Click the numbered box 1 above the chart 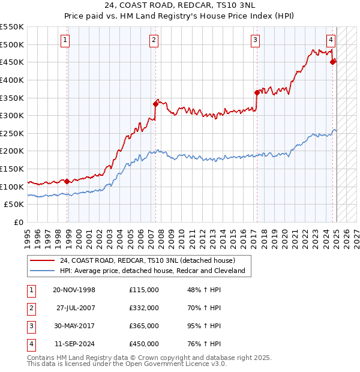[x=65, y=41]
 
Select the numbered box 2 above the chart [x=154, y=41]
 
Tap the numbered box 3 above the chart [x=255, y=41]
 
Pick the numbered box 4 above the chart [x=331, y=41]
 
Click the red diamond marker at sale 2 [x=155, y=104]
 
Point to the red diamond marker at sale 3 [x=257, y=92]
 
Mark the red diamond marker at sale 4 [x=334, y=61]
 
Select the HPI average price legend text [x=152, y=271]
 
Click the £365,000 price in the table [x=144, y=326]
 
